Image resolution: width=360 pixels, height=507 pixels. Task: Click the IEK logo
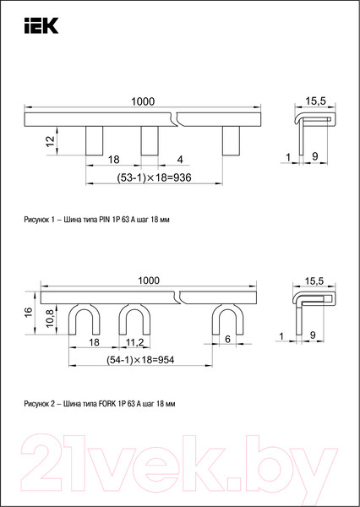41,25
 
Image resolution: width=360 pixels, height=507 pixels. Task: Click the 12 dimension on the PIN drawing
50,141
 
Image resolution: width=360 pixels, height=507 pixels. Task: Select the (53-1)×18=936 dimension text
154,177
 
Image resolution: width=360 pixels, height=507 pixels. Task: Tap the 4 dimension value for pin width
180,160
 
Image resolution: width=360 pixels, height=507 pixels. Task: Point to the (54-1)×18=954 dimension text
140,360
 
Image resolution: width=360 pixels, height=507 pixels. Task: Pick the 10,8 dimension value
50,319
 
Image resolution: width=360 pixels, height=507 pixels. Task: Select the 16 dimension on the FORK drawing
29,312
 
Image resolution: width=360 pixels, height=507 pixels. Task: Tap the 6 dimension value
227,339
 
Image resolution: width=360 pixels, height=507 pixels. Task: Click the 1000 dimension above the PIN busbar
143,101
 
